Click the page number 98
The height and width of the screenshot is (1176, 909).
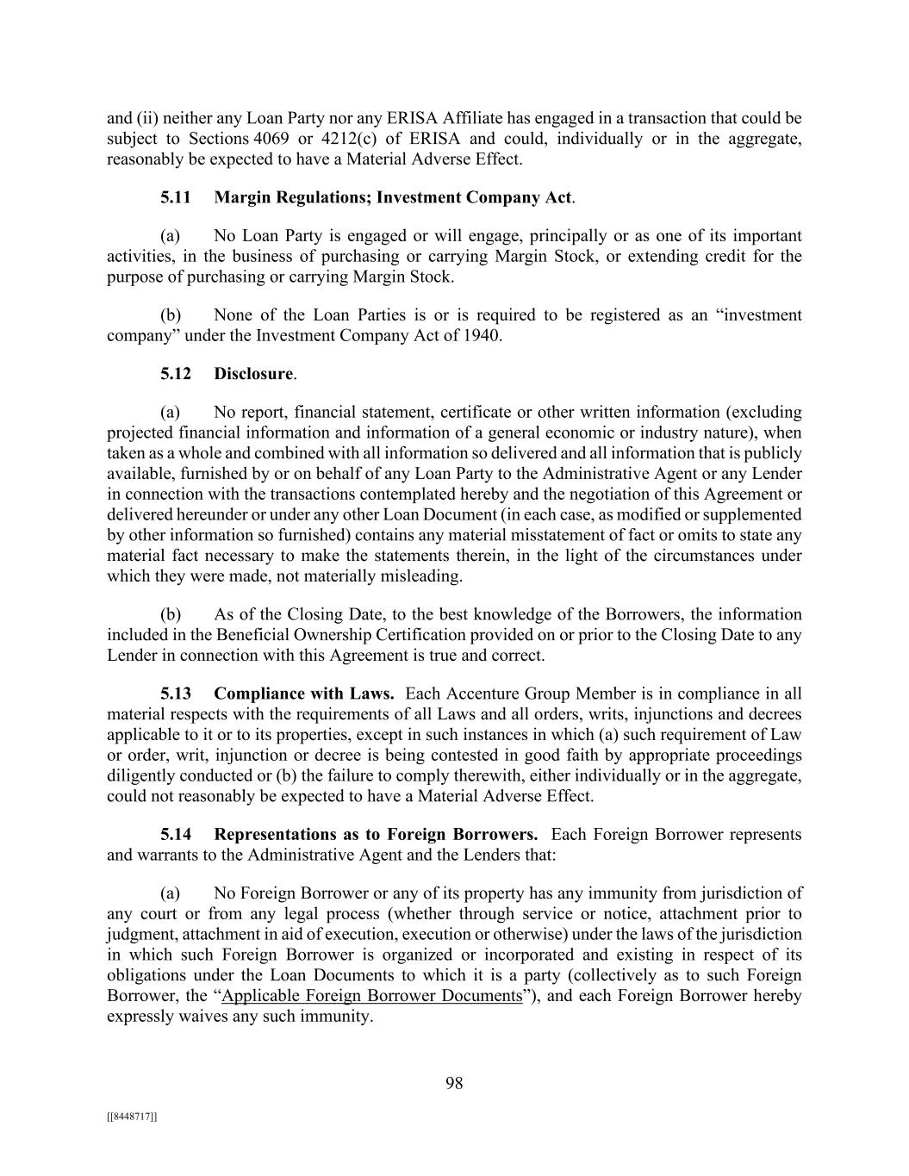pos(454,1083)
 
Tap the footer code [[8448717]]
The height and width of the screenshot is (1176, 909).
pos(132,1117)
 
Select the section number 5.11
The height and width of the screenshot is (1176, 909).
pos(176,197)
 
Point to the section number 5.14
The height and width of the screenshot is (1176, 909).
pos(176,834)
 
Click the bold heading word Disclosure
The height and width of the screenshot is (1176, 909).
pos(253,373)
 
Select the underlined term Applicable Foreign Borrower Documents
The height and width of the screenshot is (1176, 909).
pos(372,995)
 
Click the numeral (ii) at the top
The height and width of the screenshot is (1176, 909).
pos(145,118)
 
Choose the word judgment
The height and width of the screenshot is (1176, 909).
pos(138,934)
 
